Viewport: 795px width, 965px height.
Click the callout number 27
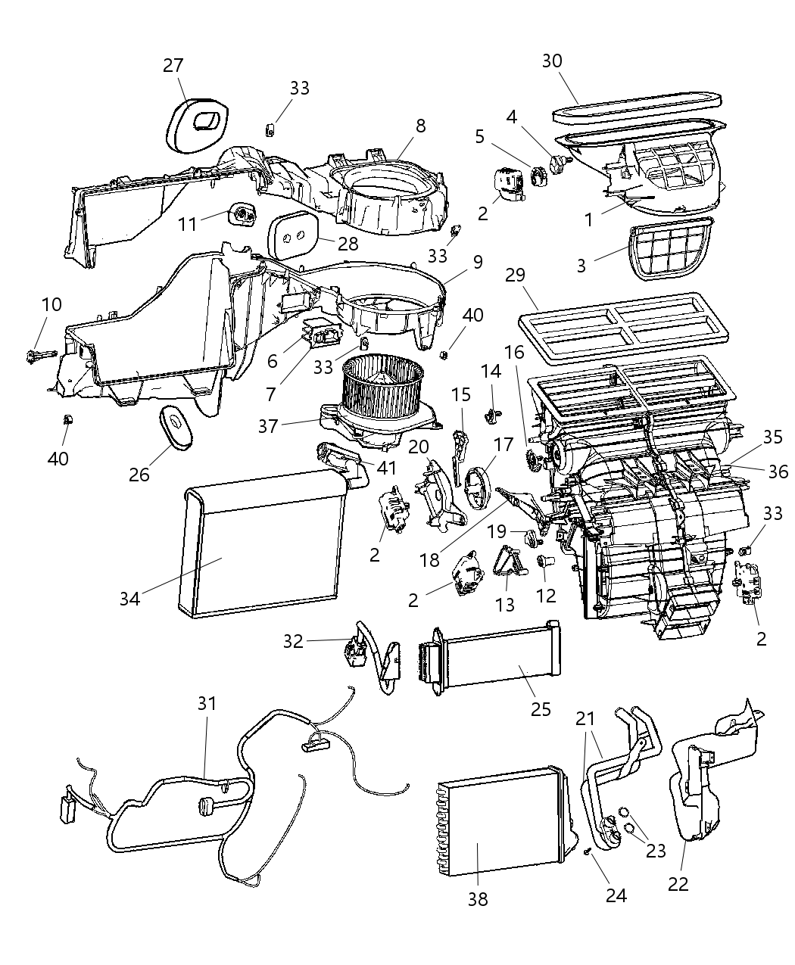(173, 66)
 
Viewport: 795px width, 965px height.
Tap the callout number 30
(553, 61)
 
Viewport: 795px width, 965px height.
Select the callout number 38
(478, 898)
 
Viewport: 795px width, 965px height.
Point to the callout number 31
(207, 703)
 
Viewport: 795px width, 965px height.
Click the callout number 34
(129, 598)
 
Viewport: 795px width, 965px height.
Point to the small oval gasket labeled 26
(176, 428)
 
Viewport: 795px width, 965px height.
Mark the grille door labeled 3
(670, 249)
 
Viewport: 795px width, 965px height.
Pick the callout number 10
(51, 305)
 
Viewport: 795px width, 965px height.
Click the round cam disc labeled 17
(478, 492)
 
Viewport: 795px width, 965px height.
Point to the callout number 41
(388, 468)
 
